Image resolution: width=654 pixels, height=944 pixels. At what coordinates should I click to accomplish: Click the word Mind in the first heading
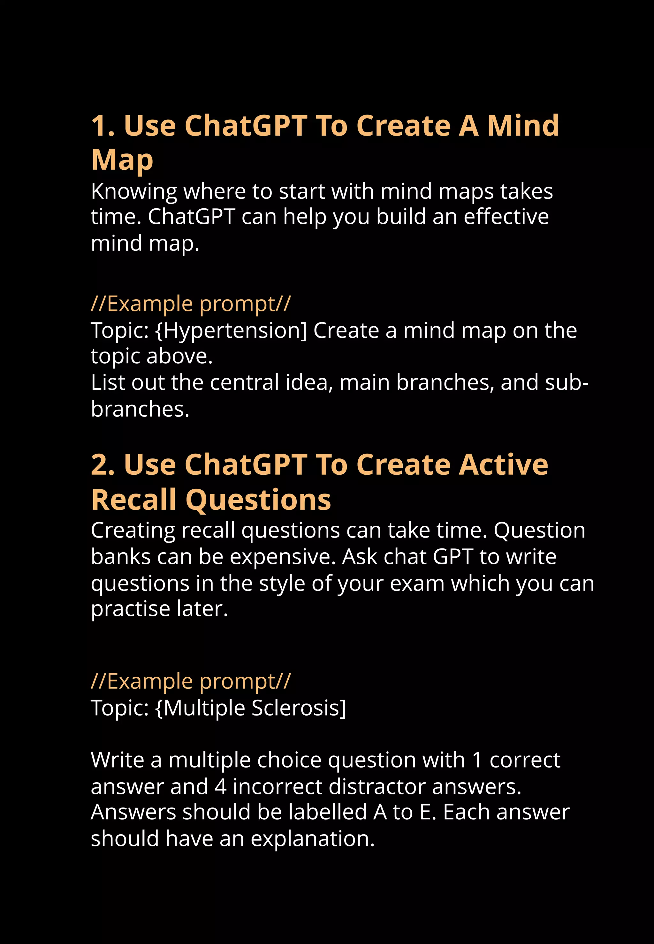point(523,125)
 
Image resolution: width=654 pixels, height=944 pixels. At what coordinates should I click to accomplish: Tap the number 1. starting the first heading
point(103,126)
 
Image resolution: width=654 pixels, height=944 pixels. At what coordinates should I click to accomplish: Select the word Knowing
point(134,192)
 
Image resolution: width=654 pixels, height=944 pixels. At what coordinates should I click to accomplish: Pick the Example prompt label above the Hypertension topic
point(191,304)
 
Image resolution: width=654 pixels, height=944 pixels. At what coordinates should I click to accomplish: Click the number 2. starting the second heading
point(103,465)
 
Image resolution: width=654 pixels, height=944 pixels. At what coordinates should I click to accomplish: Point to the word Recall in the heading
point(133,500)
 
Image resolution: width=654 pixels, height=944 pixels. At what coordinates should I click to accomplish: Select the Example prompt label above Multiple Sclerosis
point(191,681)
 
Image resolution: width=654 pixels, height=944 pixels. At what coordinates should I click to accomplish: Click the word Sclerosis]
point(299,708)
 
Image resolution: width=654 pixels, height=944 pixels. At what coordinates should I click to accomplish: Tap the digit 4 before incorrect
point(220,787)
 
